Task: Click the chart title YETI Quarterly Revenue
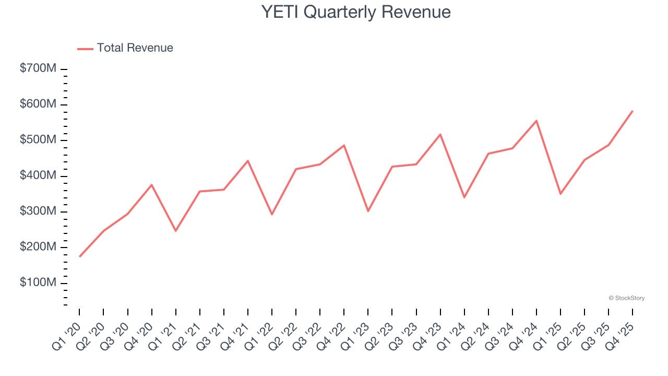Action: (x=356, y=12)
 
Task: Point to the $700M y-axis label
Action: (x=38, y=69)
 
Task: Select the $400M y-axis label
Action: (x=38, y=176)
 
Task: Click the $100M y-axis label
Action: (x=38, y=283)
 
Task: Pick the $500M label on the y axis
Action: (x=38, y=140)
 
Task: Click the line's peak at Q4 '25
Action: (x=633, y=111)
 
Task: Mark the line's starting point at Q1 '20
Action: (x=79, y=256)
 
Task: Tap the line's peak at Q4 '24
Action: (x=536, y=121)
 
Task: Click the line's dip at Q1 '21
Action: (x=176, y=231)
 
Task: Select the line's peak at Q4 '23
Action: (x=440, y=134)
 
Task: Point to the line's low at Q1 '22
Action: (x=272, y=214)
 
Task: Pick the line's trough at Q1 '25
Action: (x=560, y=194)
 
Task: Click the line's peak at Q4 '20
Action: (x=152, y=185)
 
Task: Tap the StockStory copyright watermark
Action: (x=627, y=298)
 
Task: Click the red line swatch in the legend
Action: (x=85, y=49)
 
